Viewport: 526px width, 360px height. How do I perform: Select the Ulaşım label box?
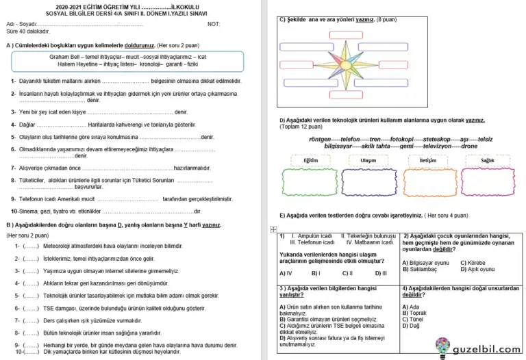click(368, 160)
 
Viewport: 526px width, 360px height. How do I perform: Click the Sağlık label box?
click(487, 160)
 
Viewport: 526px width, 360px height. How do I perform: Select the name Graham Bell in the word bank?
click(66, 57)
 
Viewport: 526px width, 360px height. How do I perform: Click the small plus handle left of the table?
click(273, 229)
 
